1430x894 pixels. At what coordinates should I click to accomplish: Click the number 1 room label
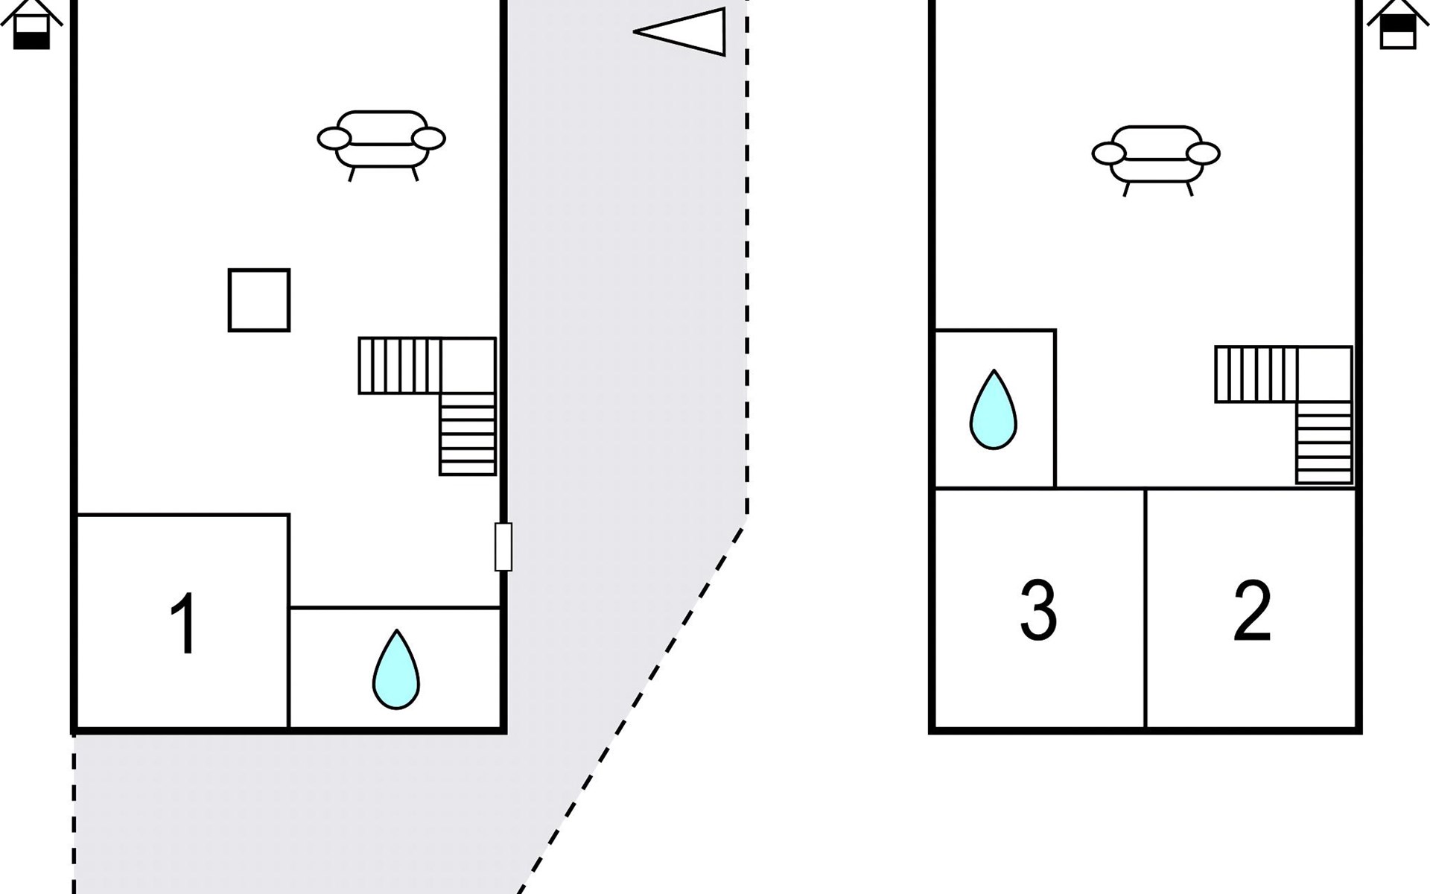tap(184, 624)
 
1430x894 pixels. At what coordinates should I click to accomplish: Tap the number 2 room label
tap(1252, 610)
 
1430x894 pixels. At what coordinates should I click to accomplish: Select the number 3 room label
tap(1038, 610)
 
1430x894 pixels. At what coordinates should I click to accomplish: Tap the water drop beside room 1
tap(396, 670)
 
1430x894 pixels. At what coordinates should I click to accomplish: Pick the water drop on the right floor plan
tap(994, 410)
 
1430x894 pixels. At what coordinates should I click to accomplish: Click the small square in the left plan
tap(259, 300)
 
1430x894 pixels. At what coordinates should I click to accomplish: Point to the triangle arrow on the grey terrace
tap(679, 31)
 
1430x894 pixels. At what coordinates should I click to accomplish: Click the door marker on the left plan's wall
tap(503, 547)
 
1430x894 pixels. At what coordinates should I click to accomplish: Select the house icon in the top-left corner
tap(31, 24)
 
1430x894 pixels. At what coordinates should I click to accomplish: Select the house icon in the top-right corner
tap(1398, 24)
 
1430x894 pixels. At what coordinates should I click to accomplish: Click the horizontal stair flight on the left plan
tap(400, 366)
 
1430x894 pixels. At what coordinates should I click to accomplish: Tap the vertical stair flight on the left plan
tap(468, 434)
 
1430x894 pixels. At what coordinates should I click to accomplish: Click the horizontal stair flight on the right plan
tap(1256, 374)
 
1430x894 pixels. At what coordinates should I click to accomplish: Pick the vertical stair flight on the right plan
tap(1324, 443)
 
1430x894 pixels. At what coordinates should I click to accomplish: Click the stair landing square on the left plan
tap(468, 366)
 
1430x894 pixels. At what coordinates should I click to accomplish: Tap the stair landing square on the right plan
tap(1325, 374)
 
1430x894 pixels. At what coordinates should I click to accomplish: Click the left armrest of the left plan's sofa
tap(334, 139)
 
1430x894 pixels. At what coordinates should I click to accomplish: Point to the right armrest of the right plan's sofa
tap(1203, 153)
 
